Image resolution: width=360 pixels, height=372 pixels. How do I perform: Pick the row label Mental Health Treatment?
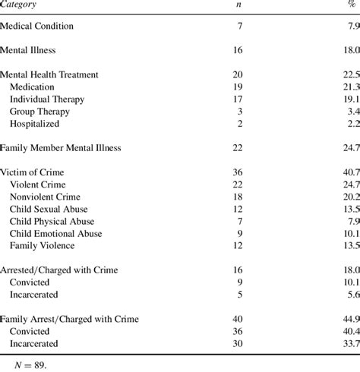[x=60, y=75]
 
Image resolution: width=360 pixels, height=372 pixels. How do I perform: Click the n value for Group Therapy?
[x=239, y=112]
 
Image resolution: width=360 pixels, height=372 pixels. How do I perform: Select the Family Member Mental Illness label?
[x=71, y=147]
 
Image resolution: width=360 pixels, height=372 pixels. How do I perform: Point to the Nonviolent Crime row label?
[x=46, y=197]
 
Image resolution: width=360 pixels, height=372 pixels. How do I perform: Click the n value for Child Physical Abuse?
[x=239, y=221]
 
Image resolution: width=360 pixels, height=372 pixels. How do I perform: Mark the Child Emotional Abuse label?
[x=56, y=233]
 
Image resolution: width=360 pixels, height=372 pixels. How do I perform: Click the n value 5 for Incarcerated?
[x=239, y=294]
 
